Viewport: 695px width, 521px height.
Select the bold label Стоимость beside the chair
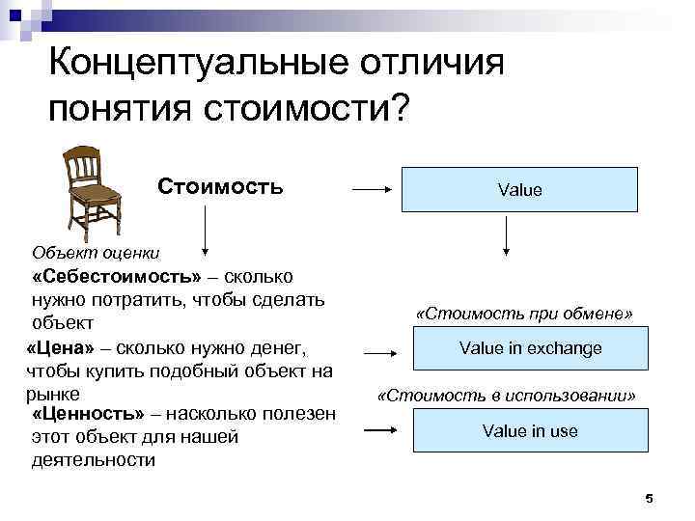220,185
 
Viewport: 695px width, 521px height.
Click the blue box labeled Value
519,190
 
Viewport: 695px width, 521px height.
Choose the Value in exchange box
530,348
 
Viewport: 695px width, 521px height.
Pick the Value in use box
530,430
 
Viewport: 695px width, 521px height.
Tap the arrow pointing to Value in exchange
381,353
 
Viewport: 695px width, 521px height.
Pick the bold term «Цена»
60,346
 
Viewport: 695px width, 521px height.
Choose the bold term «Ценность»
88,414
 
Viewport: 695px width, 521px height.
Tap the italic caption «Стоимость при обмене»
524,315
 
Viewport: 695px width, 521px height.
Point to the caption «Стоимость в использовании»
507,396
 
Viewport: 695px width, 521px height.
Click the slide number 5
649,499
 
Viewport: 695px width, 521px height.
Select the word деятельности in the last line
94,460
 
